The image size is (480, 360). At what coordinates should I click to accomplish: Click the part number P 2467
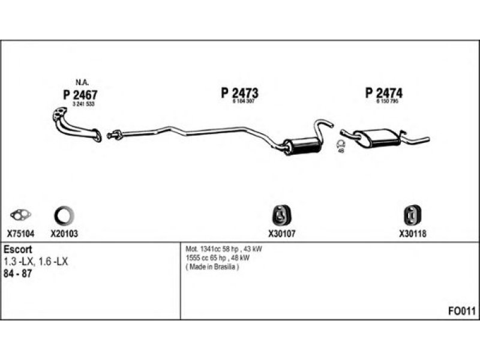(x=80, y=94)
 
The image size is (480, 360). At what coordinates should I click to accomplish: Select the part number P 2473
(x=239, y=94)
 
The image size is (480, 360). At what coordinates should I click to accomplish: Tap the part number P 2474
(x=383, y=93)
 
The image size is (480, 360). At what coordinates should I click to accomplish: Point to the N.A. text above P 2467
(x=82, y=82)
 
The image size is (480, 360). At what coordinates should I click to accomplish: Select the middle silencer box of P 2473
(x=303, y=145)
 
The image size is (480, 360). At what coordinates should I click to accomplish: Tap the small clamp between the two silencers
(x=340, y=145)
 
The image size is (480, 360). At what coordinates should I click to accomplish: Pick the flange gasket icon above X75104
(x=20, y=214)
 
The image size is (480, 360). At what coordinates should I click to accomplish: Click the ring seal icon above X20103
(x=64, y=214)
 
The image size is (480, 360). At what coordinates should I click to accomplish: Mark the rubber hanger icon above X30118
(x=412, y=215)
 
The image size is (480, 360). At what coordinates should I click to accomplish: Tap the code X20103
(x=64, y=235)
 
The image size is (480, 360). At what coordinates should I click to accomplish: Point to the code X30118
(x=412, y=235)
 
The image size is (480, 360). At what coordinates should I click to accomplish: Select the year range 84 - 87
(x=18, y=273)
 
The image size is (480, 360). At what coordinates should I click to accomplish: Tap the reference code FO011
(x=461, y=311)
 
